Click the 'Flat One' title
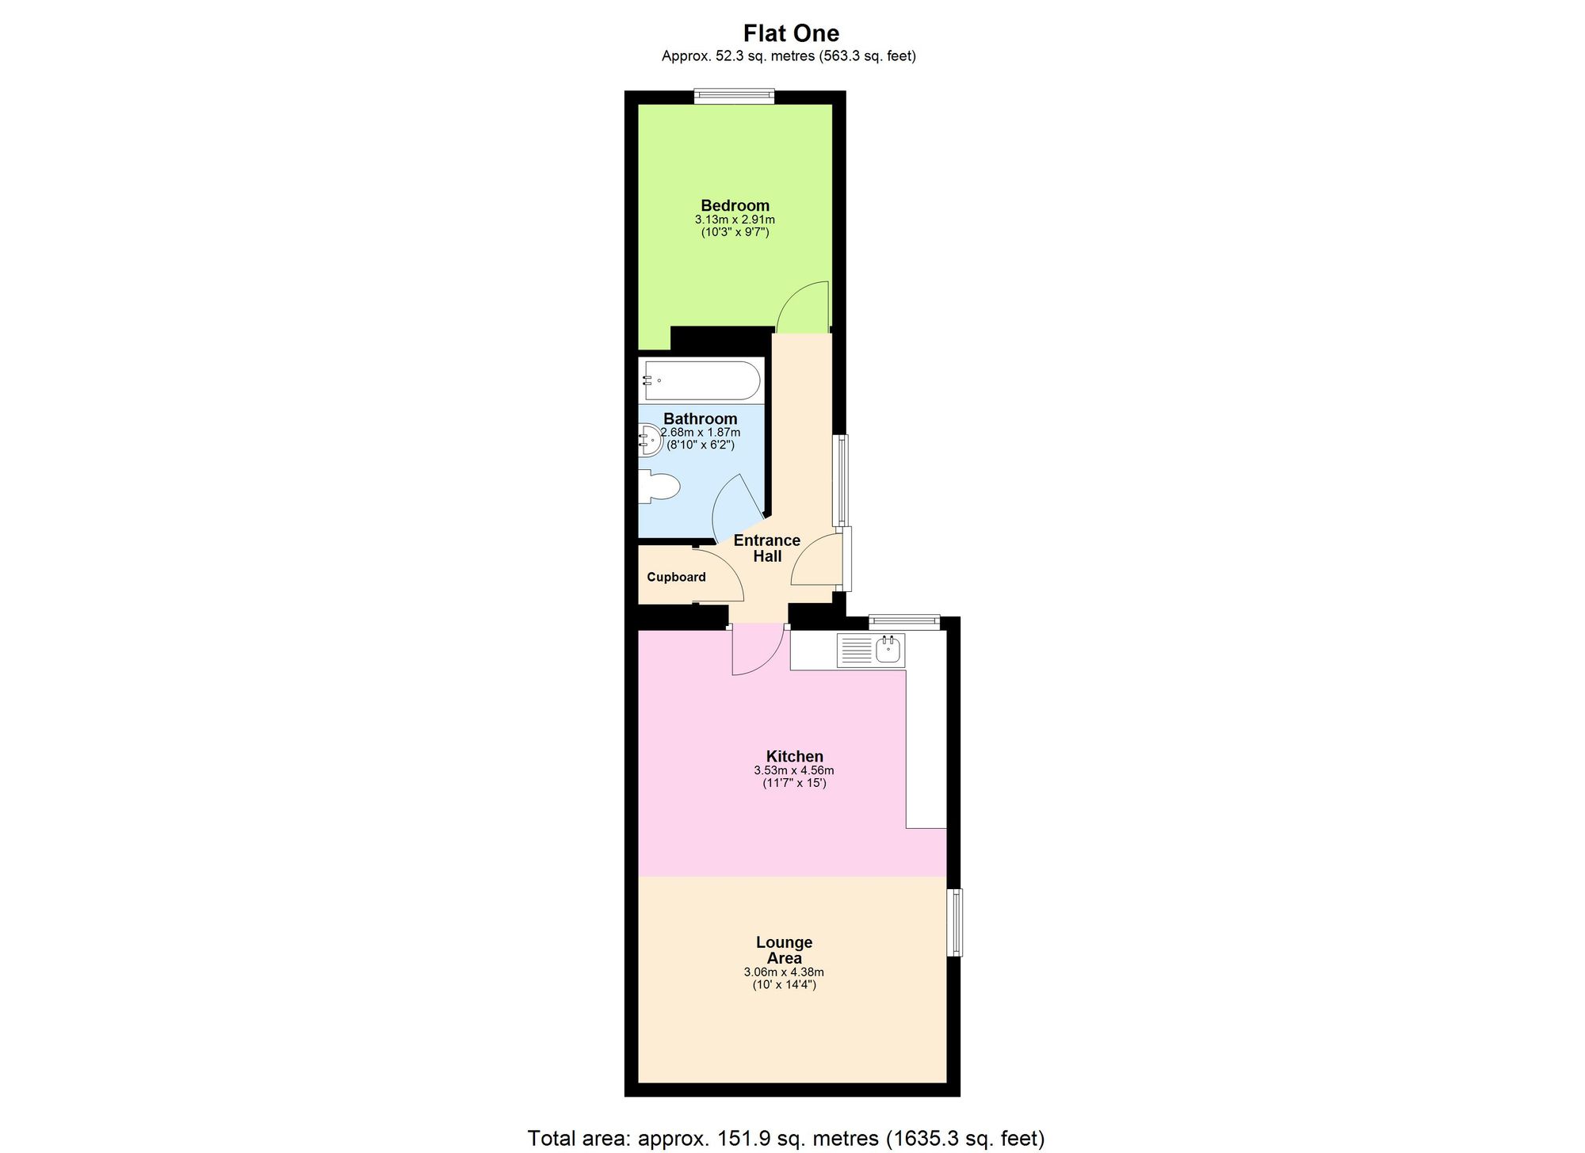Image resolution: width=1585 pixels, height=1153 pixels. click(x=791, y=33)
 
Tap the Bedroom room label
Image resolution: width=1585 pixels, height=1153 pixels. click(x=735, y=205)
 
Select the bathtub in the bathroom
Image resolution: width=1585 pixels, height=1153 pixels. click(x=701, y=380)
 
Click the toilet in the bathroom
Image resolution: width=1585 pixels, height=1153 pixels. click(x=659, y=487)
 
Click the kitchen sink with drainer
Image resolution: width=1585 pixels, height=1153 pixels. click(x=871, y=651)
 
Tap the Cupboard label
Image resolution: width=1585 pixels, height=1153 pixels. click(x=676, y=577)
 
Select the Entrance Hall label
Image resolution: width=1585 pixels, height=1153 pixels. click(x=767, y=548)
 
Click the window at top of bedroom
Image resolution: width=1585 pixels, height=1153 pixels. click(x=734, y=96)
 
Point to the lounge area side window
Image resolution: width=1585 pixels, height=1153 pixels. click(x=956, y=922)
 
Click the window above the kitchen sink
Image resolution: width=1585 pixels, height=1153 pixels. click(x=903, y=622)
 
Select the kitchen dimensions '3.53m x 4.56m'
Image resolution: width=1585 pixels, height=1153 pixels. click(x=793, y=770)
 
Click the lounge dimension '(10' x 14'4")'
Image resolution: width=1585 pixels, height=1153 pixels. click(x=784, y=985)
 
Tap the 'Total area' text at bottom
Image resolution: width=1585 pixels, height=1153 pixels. click(x=785, y=1139)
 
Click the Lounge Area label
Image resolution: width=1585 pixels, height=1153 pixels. click(x=784, y=950)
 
